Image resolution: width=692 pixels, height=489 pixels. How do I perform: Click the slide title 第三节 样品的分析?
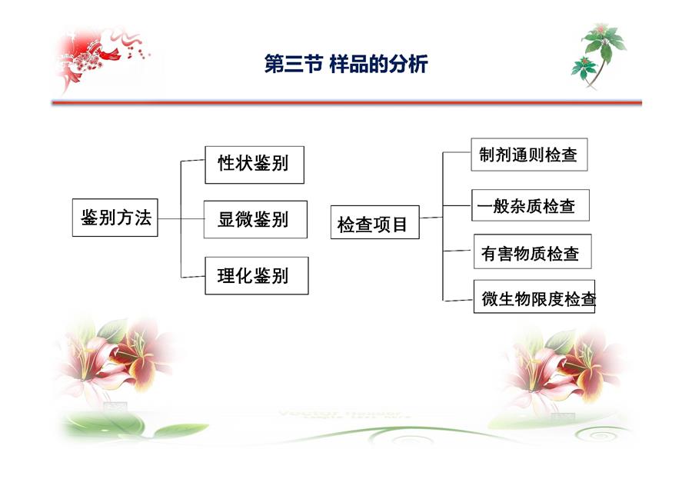346,65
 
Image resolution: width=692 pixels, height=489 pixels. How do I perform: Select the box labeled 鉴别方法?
115,218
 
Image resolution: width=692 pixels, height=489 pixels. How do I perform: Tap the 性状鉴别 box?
255,165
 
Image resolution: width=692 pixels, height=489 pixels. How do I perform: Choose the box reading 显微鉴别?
255,219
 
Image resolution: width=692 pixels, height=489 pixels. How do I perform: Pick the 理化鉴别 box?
257,276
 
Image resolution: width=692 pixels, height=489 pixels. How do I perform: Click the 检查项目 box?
375,222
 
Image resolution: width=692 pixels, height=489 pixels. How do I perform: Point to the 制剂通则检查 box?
529,155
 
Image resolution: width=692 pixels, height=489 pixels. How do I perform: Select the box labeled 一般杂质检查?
531,205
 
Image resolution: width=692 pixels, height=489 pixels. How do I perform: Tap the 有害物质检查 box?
533,251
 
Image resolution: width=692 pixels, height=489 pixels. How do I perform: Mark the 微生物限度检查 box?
534,297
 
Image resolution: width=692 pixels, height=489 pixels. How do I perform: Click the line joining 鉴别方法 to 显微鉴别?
181,218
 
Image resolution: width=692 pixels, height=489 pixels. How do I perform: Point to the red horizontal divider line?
347,103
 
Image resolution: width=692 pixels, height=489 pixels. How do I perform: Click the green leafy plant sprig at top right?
599,55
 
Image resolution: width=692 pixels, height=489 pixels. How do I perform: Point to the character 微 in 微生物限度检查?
490,299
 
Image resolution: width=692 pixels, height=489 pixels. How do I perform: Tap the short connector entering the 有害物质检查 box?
458,251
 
